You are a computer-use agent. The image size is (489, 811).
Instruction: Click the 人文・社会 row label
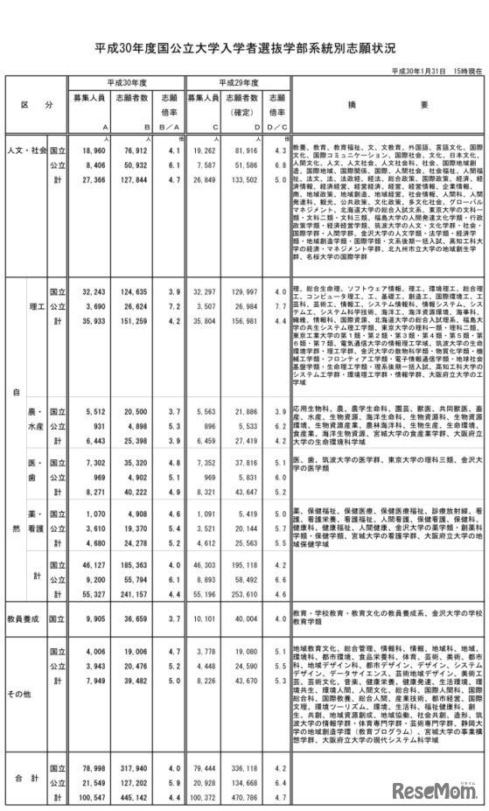click(x=25, y=150)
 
